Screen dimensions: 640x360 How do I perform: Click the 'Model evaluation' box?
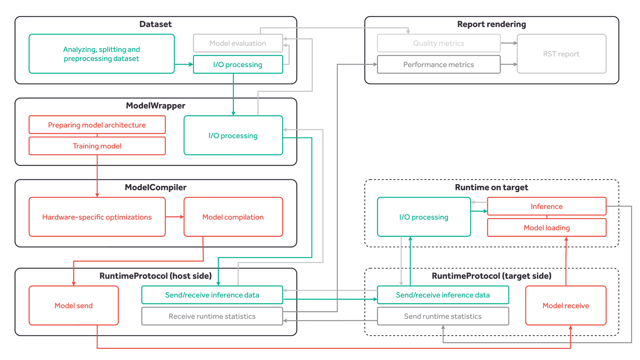(x=238, y=43)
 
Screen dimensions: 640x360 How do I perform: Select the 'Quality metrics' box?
(x=438, y=43)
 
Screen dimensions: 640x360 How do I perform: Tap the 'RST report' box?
(x=562, y=54)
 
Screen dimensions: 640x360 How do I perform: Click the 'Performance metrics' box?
(x=438, y=64)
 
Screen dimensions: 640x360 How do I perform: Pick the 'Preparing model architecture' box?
(x=97, y=125)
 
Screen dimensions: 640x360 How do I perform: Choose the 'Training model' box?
(x=97, y=146)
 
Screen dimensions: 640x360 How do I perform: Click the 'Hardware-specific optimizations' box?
(x=97, y=217)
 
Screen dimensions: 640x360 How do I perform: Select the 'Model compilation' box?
(x=233, y=217)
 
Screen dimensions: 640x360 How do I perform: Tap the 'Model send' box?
(x=74, y=306)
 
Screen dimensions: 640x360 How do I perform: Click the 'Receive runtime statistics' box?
(x=212, y=316)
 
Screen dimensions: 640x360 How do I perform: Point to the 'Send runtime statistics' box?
(x=443, y=316)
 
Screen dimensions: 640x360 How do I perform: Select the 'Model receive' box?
(x=566, y=306)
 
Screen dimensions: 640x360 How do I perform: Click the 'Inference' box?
(x=546, y=206)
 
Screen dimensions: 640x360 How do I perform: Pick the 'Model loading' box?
(x=546, y=228)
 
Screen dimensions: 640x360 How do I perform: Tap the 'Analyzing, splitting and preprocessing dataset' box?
(x=102, y=54)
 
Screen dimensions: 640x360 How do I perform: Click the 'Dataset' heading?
(x=156, y=24)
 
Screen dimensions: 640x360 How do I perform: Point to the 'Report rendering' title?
(x=492, y=24)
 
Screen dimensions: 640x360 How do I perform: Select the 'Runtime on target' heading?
(x=492, y=187)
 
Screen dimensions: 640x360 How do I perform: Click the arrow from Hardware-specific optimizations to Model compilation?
(x=175, y=217)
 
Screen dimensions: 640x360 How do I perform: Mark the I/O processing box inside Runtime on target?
(x=424, y=217)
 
